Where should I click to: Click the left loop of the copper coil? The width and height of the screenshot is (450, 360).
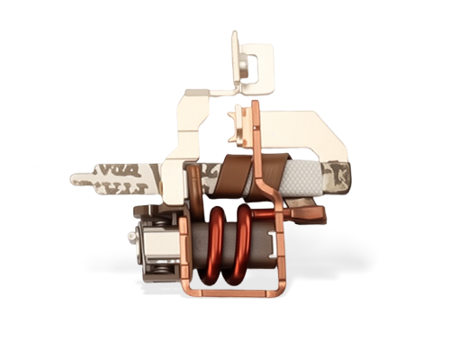218,243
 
